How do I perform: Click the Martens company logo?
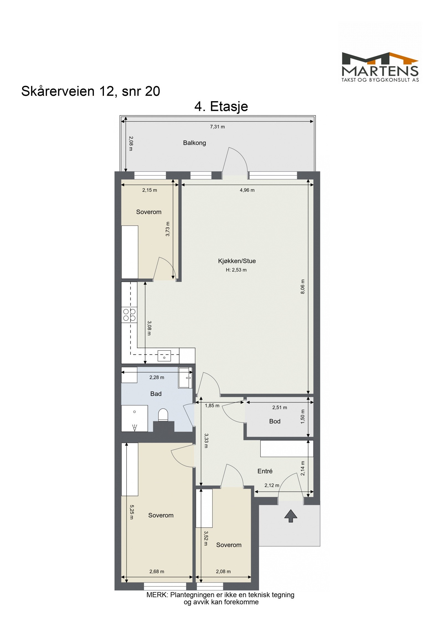pyautogui.click(x=380, y=67)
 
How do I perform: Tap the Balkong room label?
pyautogui.click(x=194, y=143)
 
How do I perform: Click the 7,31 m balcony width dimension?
pyautogui.click(x=217, y=127)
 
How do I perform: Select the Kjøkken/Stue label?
pyautogui.click(x=237, y=261)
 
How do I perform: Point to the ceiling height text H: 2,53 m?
pyautogui.click(x=236, y=270)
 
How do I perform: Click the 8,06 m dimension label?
pyautogui.click(x=303, y=287)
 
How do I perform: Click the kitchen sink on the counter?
pyautogui.click(x=164, y=355)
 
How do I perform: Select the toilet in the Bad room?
pyautogui.click(x=163, y=415)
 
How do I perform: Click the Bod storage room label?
pyautogui.click(x=275, y=421)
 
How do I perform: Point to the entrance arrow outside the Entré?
pyautogui.click(x=290, y=516)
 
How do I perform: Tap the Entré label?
pyautogui.click(x=265, y=471)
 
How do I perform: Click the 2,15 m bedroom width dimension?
pyautogui.click(x=150, y=190)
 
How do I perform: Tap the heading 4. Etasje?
pyautogui.click(x=221, y=106)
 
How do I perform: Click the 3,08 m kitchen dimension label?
pyautogui.click(x=149, y=328)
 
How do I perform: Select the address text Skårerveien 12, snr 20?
pyautogui.click(x=91, y=91)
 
